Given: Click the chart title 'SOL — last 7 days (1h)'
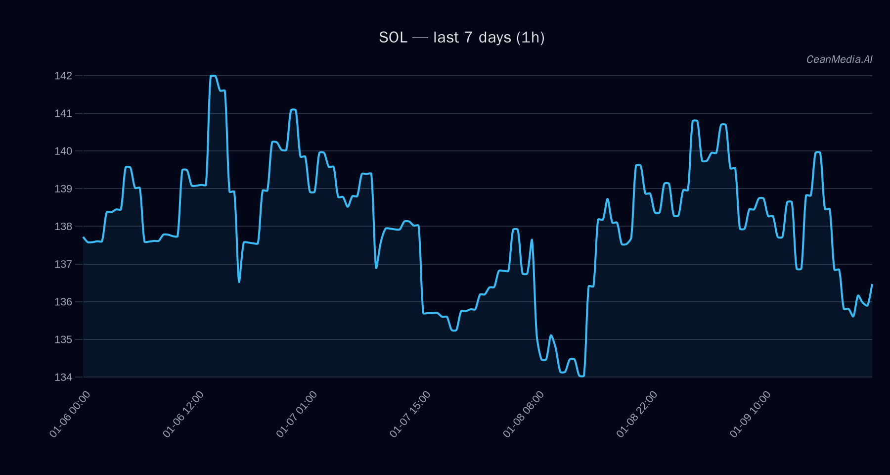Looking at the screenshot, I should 461,38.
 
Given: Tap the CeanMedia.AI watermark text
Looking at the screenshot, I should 839,59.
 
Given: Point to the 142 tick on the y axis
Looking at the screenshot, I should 63,76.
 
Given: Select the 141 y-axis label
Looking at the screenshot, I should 63,113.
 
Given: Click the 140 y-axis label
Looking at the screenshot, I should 63,151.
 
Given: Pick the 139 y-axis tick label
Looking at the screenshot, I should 63,189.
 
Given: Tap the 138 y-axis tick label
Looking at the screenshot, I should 63,227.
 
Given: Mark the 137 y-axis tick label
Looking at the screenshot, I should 63,264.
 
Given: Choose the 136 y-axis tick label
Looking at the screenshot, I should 63,302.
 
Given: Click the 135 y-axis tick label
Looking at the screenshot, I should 63,339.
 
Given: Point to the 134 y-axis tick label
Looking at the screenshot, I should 63,377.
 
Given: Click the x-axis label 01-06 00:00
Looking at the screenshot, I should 70,414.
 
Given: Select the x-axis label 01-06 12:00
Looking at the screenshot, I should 183,414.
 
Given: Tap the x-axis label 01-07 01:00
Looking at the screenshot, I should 297,414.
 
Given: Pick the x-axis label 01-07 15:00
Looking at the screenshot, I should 410,414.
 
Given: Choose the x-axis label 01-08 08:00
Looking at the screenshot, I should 523,414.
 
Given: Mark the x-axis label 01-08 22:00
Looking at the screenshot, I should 637,414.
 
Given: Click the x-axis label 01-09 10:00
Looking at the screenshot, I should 750,414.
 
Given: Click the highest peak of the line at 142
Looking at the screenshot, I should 213,76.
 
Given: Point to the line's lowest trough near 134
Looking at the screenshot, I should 581,376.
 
